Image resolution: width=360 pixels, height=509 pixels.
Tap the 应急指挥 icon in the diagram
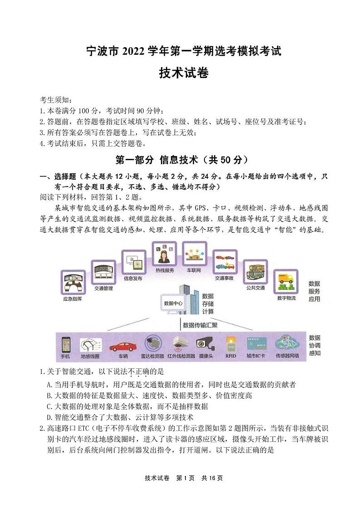click(73, 285)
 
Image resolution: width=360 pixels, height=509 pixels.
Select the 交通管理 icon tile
click(103, 273)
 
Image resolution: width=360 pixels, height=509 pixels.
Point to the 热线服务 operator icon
click(164, 254)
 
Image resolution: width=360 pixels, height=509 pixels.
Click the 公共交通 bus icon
click(255, 274)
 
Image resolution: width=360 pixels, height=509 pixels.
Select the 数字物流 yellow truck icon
click(285, 283)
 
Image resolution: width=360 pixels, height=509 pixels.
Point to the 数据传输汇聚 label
click(199, 325)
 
